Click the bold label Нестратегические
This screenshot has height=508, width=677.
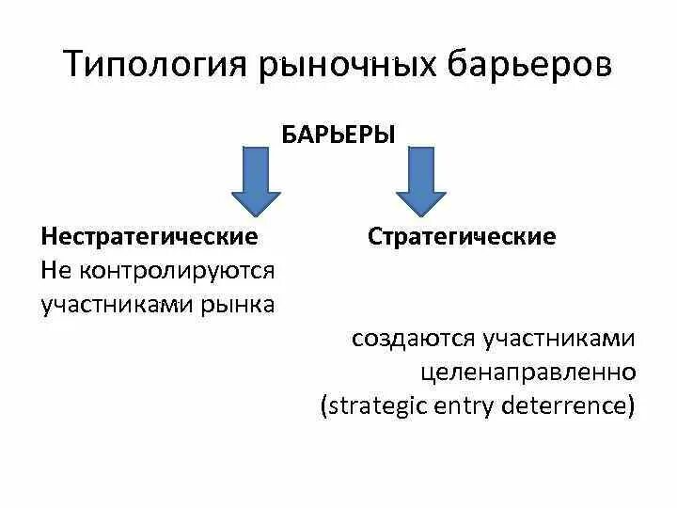150,235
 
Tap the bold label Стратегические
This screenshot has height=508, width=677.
462,235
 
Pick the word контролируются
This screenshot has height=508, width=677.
178,271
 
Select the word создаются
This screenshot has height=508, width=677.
415,339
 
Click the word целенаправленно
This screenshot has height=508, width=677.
529,373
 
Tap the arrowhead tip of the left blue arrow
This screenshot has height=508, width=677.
257,214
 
